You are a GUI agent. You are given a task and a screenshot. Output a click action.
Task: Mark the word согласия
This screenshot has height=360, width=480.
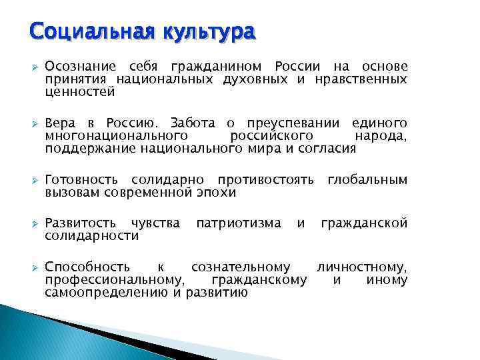326,149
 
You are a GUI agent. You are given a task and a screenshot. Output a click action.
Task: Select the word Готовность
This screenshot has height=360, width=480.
82,181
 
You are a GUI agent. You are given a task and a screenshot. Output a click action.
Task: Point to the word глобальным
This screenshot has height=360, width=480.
367,181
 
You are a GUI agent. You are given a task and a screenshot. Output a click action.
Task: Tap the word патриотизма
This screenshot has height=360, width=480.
239,223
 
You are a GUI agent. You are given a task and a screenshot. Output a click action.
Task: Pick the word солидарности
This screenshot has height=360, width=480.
92,236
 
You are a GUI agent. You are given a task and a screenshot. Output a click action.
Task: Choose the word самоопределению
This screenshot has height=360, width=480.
107,292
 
